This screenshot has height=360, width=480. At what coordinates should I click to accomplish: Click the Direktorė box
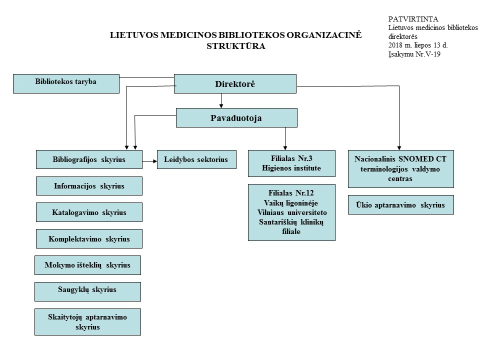234,84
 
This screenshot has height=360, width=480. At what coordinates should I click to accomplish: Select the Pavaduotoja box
236,118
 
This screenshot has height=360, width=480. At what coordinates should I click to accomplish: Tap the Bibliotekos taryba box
66,83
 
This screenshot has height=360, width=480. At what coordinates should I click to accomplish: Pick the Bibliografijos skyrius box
89,159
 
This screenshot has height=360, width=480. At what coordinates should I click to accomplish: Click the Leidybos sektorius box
196,159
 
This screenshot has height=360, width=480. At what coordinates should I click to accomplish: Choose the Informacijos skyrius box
89,186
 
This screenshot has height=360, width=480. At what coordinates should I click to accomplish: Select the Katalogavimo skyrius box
89,212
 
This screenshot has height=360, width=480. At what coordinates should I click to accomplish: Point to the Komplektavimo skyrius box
89,238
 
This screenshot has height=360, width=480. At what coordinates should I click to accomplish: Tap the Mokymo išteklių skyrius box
87,265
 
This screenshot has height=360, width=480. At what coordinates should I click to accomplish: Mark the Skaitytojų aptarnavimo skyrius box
87,321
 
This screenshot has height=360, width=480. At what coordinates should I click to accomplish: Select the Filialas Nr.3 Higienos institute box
291,163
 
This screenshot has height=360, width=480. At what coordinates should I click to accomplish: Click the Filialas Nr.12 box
291,212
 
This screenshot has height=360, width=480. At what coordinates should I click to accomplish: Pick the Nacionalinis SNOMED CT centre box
400,169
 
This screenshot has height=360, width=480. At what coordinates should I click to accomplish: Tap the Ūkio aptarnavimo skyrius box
400,204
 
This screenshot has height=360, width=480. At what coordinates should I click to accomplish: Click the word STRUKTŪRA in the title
235,46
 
